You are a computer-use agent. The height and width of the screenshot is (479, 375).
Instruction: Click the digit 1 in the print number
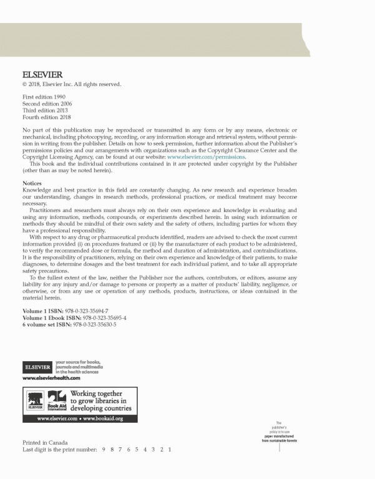click(x=170, y=449)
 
